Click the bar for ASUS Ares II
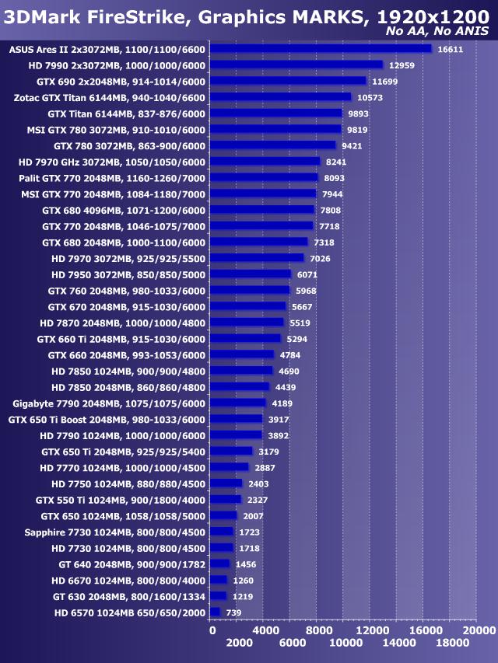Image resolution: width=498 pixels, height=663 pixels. [x=321, y=49]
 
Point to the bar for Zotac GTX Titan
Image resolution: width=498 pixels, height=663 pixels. [x=281, y=97]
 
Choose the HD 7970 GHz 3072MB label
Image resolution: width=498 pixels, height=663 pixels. [x=111, y=162]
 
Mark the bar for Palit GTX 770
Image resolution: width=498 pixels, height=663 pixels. [x=265, y=178]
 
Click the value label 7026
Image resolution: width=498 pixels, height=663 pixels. [x=321, y=258]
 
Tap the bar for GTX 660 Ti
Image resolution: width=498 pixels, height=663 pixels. [x=246, y=339]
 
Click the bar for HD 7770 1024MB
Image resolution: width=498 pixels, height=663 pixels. [x=230, y=467]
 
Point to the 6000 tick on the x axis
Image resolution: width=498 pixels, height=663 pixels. [x=291, y=644]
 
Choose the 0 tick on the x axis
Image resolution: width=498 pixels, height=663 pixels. [x=212, y=630]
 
